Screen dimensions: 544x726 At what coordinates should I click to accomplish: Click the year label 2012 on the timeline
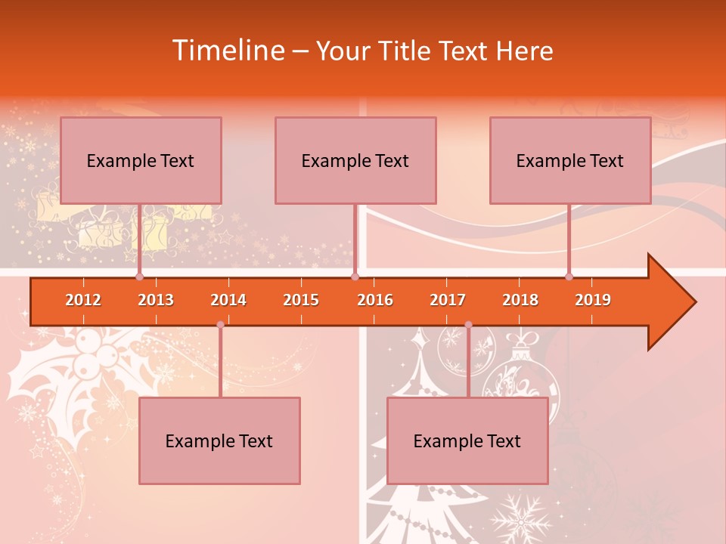(x=83, y=300)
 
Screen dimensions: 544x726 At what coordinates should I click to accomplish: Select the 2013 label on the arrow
(x=156, y=300)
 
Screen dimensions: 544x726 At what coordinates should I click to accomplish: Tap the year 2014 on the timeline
(x=228, y=300)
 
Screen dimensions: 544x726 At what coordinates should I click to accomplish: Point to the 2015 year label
(x=301, y=300)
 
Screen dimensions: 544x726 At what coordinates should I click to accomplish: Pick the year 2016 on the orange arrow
(x=375, y=300)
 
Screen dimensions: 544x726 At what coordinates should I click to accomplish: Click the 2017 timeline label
(x=448, y=300)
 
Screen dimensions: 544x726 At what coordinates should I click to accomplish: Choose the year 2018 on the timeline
(x=520, y=300)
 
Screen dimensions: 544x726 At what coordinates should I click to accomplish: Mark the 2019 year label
(x=593, y=300)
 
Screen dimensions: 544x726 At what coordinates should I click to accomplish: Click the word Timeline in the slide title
(x=227, y=51)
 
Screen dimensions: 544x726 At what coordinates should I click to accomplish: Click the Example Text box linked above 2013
(x=141, y=160)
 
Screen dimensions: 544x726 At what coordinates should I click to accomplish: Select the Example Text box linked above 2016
(x=355, y=160)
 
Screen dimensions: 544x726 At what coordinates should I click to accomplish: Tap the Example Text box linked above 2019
(x=570, y=160)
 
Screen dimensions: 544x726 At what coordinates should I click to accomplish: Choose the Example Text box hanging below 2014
(x=219, y=440)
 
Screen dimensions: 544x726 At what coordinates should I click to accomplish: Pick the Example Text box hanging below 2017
(x=467, y=440)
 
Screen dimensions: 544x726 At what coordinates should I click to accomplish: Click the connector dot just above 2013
(x=140, y=277)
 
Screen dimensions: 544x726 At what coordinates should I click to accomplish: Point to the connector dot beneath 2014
(x=220, y=325)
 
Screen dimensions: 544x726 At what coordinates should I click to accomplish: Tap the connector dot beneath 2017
(x=468, y=325)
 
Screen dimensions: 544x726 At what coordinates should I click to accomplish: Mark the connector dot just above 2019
(x=569, y=277)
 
